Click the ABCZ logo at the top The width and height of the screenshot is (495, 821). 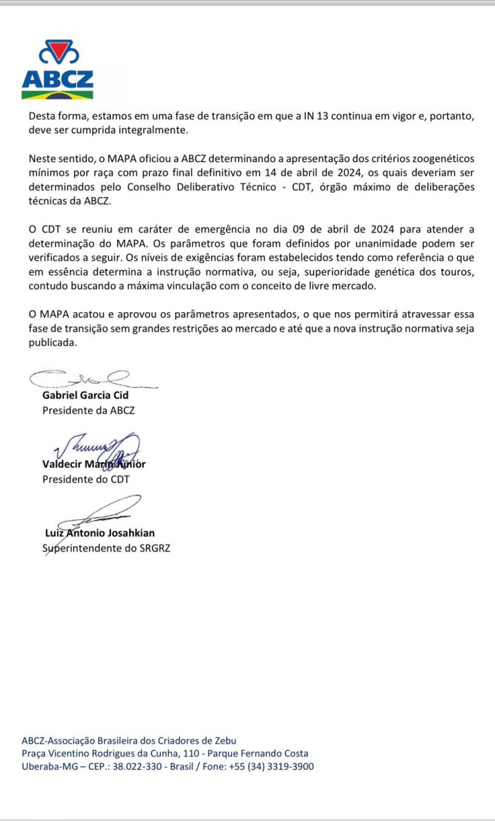pyautogui.click(x=58, y=70)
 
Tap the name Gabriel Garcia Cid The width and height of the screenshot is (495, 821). pyautogui.click(x=86, y=395)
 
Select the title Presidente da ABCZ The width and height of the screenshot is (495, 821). pyautogui.click(x=88, y=410)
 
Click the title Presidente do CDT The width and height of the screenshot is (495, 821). pyautogui.click(x=86, y=479)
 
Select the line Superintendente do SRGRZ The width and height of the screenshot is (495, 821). pyautogui.click(x=106, y=548)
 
